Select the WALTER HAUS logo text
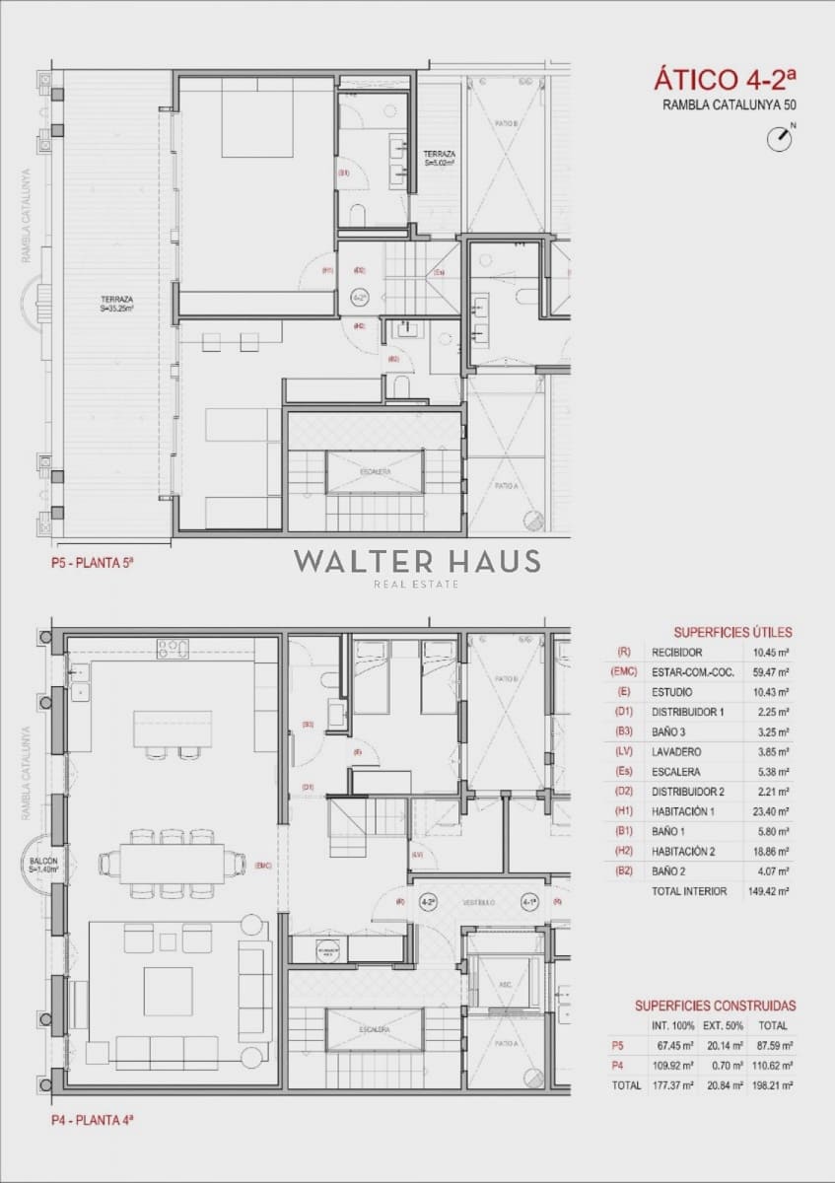416,562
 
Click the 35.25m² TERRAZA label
116,304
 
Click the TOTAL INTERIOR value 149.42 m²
769,891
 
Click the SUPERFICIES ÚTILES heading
732,632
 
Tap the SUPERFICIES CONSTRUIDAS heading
715,1006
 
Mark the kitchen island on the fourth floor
173,730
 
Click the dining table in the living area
173,864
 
